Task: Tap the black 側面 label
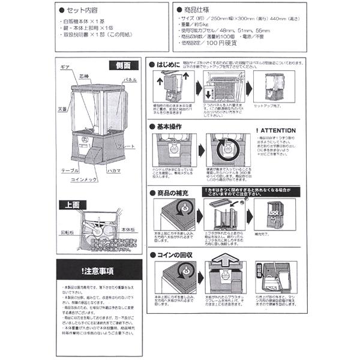pyautogui.click(x=124, y=65)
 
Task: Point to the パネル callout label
pyautogui.click(x=130, y=79)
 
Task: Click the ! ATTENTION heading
pyautogui.click(x=275, y=130)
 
